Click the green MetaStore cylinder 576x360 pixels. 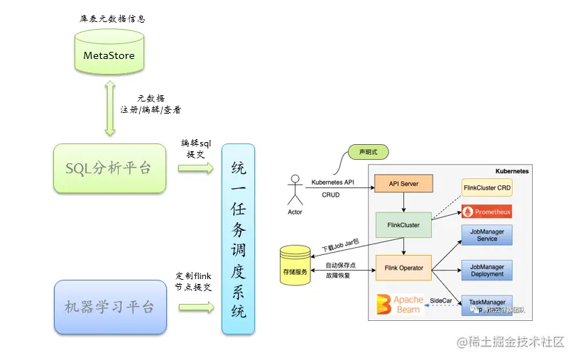click(109, 53)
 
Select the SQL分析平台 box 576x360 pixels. click(109, 168)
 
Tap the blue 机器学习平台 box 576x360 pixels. click(109, 307)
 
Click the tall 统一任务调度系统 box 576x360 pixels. click(239, 239)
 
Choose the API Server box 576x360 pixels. click(403, 185)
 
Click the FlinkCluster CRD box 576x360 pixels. click(487, 188)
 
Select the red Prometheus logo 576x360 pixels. click(487, 212)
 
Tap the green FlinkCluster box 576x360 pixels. click(403, 225)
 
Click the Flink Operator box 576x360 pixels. click(403, 268)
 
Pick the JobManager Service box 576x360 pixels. click(487, 235)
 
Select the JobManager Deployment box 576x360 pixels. click(487, 270)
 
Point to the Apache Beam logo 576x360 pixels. click(400, 304)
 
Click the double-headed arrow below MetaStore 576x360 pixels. click(109, 107)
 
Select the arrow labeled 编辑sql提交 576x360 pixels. click(195, 168)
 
